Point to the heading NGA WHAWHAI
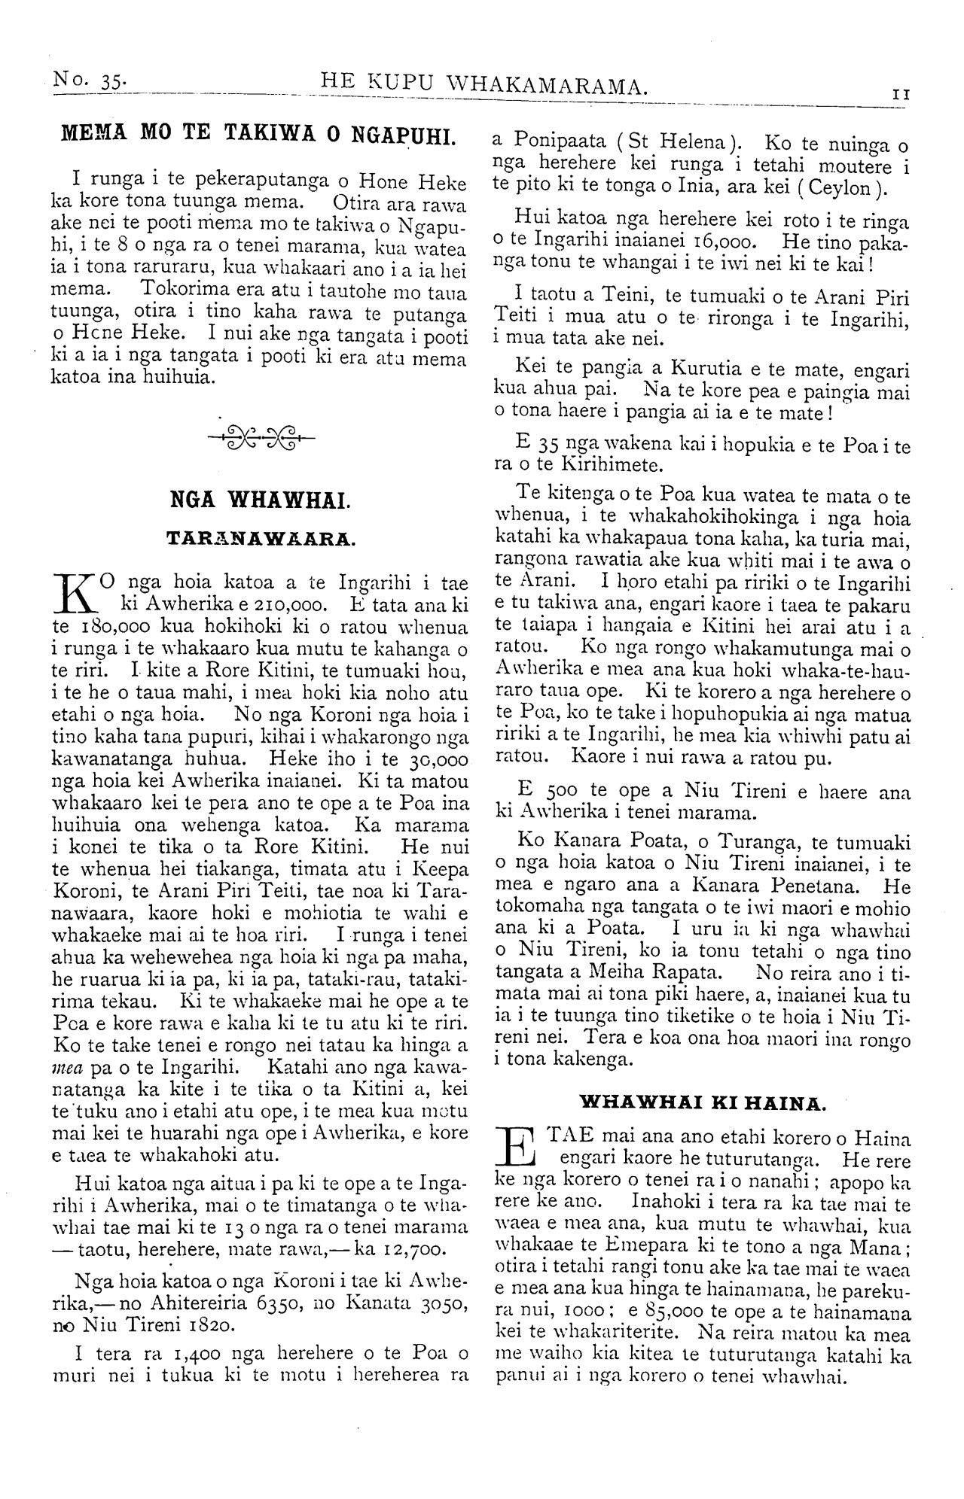click(259, 500)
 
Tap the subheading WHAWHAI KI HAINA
click(703, 1103)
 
